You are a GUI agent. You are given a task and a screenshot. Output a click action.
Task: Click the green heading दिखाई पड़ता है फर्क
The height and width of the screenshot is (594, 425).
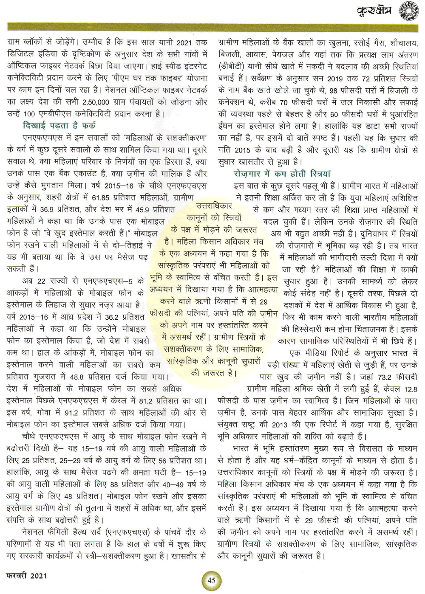(x=59, y=125)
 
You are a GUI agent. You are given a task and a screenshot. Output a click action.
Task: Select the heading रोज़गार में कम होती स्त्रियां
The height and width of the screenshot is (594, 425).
(x=282, y=174)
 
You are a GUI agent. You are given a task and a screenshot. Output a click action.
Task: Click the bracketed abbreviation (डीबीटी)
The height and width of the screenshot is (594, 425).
(x=233, y=67)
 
